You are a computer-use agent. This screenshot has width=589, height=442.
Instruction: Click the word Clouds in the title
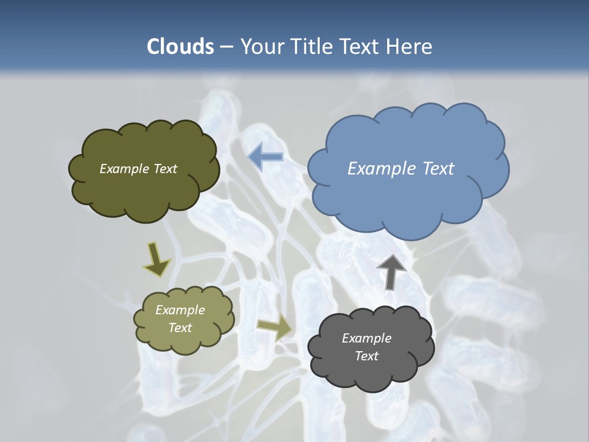click(x=180, y=47)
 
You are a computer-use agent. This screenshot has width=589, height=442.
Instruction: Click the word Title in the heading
click(x=310, y=47)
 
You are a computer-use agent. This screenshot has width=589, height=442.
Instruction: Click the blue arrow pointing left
click(x=265, y=157)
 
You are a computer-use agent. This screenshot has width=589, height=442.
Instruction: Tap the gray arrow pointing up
click(x=391, y=271)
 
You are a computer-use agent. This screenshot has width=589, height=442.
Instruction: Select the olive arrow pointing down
click(x=157, y=258)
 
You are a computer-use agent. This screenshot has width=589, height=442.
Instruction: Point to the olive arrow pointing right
click(x=274, y=329)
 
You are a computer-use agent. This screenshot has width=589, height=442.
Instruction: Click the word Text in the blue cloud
click(x=437, y=169)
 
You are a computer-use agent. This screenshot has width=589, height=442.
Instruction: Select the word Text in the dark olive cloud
click(x=164, y=169)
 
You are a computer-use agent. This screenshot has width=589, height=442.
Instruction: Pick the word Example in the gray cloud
click(x=366, y=338)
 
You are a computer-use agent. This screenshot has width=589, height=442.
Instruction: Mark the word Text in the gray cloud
click(x=366, y=356)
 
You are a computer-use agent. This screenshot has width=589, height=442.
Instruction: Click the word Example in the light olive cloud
click(x=180, y=310)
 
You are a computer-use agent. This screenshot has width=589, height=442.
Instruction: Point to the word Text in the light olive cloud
click(x=180, y=328)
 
